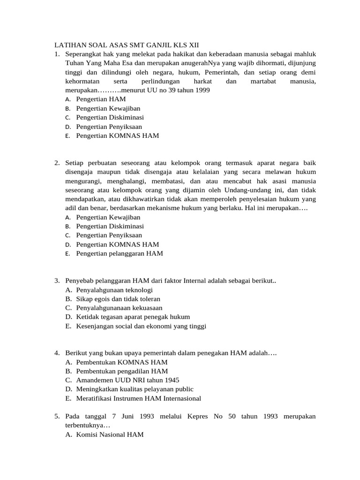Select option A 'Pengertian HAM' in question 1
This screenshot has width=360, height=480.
pos(101,99)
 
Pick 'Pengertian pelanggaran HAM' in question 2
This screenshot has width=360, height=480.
pos(120,254)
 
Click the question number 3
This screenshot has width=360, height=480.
pos(56,281)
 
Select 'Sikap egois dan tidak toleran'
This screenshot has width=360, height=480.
pos(118,299)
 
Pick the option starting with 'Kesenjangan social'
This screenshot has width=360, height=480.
pos(141,326)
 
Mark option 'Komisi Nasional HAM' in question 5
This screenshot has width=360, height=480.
pos(110,435)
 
